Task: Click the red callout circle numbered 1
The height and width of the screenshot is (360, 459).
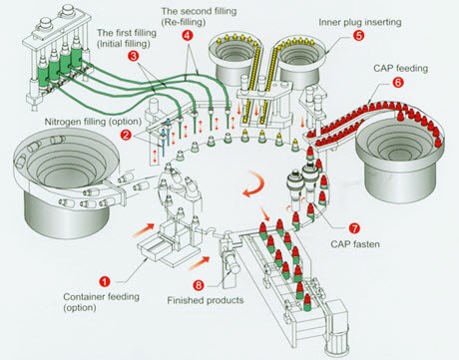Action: point(105,282)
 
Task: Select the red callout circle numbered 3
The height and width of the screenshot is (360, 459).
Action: point(133,56)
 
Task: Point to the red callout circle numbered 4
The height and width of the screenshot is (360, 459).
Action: point(188,36)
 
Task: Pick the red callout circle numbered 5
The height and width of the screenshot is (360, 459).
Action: point(358,36)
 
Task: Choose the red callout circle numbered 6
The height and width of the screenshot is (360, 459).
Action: point(398,83)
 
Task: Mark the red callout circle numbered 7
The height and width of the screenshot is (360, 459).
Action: point(354,228)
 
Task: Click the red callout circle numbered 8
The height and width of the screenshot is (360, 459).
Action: point(199,285)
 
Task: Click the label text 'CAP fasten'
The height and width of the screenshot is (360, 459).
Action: point(355,244)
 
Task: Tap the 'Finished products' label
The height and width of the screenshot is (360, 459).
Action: point(206,300)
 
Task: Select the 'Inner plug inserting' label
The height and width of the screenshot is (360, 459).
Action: point(360,22)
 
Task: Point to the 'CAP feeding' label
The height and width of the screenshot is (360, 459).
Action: point(400,69)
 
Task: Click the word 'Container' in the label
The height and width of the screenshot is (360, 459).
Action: point(83,296)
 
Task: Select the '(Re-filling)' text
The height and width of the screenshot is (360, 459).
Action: point(184,22)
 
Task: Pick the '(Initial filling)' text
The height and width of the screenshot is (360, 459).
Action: point(124,44)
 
